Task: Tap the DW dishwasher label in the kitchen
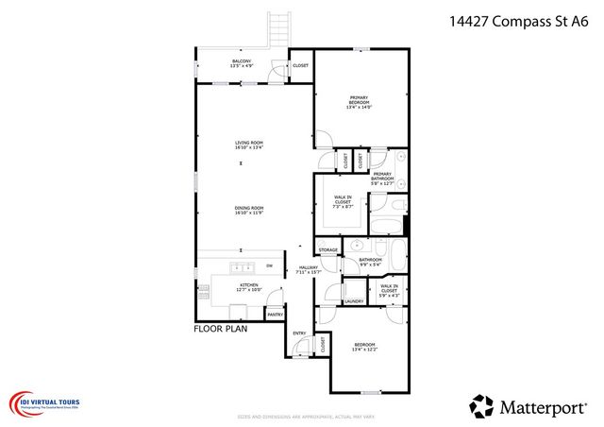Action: click(269, 266)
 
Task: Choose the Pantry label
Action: click(275, 315)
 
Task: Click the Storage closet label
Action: click(327, 250)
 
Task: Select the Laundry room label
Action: click(355, 301)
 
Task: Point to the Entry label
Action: click(299, 333)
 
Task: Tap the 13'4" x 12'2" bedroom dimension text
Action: click(364, 350)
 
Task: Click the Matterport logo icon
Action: click(481, 405)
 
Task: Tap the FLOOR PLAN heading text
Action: click(220, 329)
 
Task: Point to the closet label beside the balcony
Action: click(300, 65)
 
